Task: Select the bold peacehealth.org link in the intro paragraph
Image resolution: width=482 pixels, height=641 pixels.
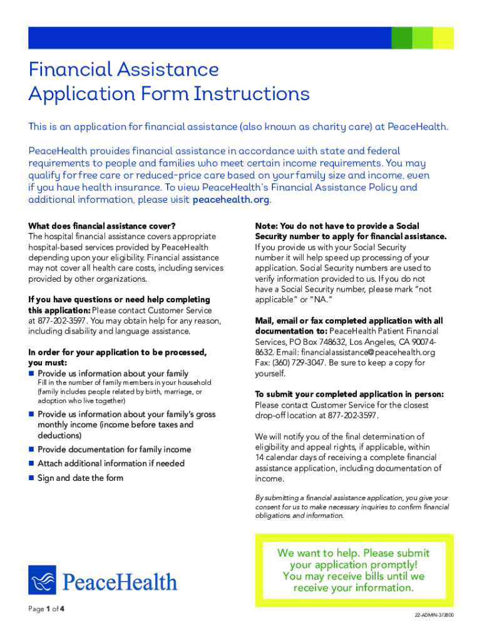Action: click(232, 200)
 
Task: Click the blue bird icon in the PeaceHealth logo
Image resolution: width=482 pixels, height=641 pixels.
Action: click(42, 580)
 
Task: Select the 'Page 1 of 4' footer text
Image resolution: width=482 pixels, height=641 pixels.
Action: click(46, 609)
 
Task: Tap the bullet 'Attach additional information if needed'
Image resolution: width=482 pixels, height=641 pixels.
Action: click(111, 464)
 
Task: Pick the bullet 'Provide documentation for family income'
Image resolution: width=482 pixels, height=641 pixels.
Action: click(114, 449)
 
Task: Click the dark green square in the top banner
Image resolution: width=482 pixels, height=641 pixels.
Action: click(402, 38)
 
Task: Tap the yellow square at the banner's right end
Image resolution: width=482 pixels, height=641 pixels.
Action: click(444, 38)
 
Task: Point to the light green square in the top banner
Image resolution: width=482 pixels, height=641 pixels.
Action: click(423, 38)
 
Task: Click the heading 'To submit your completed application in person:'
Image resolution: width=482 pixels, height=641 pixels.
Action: click(349, 394)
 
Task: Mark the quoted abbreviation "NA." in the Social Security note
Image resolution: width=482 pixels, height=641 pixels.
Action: click(289, 300)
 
